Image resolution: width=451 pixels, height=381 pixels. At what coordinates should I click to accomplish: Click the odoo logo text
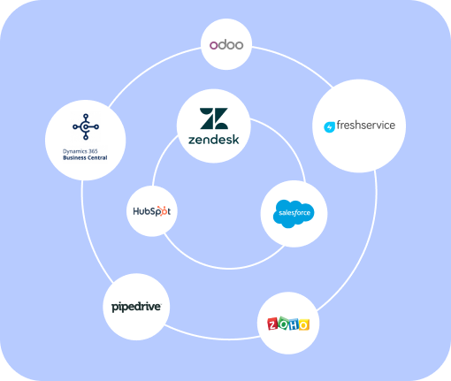(x=226, y=44)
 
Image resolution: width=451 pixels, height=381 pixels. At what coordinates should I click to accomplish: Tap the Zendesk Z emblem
(x=214, y=118)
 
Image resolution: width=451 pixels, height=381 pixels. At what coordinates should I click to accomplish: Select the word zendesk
(x=214, y=140)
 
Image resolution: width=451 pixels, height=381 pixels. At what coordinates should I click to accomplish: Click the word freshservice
(x=366, y=125)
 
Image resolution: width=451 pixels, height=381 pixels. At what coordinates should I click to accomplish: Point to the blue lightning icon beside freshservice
(x=330, y=127)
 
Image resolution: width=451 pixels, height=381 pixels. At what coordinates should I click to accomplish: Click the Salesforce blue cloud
(x=294, y=213)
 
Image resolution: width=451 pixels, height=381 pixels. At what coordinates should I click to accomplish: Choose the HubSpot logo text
(x=152, y=211)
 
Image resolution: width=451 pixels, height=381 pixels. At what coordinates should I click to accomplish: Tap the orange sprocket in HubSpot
(x=161, y=211)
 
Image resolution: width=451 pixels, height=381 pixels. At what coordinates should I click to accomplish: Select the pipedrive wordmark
(x=136, y=307)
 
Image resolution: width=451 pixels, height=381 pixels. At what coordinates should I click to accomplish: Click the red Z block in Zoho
(x=272, y=324)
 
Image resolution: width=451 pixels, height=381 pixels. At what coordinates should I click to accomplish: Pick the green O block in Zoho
(x=283, y=324)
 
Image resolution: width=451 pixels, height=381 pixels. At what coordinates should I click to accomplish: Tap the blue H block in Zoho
(x=294, y=324)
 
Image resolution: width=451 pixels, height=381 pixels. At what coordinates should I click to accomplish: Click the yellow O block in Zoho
(x=303, y=324)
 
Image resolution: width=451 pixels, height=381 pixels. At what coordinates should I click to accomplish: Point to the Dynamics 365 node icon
(x=86, y=126)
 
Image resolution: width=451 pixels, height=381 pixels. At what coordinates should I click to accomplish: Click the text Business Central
(x=85, y=157)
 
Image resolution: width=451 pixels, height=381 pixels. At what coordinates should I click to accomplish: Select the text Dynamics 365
(x=80, y=151)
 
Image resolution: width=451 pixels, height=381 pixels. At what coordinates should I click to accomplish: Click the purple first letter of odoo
(x=213, y=45)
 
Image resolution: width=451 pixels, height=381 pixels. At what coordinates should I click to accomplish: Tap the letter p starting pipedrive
(x=115, y=308)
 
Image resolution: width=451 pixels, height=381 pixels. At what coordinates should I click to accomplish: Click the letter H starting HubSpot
(x=137, y=211)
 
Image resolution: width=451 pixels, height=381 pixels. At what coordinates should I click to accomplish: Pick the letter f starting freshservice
(x=339, y=125)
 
